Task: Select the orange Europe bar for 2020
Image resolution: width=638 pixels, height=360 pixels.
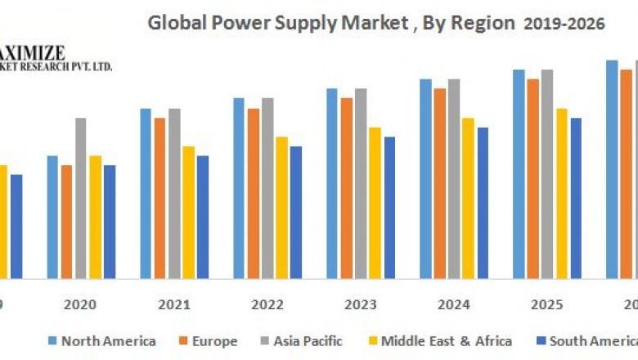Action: click(x=66, y=221)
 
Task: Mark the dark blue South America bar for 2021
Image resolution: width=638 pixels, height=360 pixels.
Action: click(x=203, y=216)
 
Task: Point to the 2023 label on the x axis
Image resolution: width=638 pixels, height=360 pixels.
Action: click(x=361, y=304)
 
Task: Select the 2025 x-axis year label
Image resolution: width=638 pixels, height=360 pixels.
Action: click(x=547, y=304)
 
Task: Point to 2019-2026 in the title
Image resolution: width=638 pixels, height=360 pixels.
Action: click(x=564, y=24)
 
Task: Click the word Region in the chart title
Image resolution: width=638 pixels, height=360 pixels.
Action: click(x=486, y=24)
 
